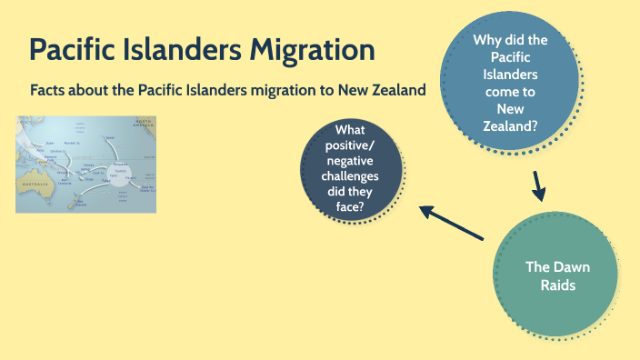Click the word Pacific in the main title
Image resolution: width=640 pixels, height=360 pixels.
(x=75, y=49)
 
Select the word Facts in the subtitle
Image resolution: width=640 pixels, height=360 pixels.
(x=49, y=91)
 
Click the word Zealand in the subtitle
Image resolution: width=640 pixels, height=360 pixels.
(x=394, y=91)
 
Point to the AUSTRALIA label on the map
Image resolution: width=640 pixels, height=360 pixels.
(x=31, y=183)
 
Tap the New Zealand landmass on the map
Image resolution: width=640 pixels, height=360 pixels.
(x=76, y=200)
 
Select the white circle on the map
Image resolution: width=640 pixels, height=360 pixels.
(x=119, y=174)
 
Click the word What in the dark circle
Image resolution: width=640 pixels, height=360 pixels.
(x=353, y=130)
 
